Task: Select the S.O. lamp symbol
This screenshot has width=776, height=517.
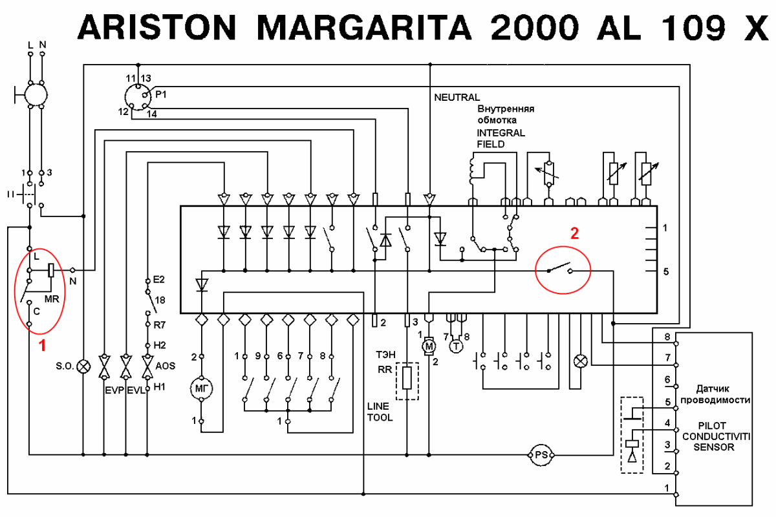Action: click(83, 366)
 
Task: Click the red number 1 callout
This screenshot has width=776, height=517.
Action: click(43, 346)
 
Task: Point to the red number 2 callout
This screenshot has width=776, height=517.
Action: click(574, 234)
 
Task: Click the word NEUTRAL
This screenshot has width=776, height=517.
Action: click(457, 98)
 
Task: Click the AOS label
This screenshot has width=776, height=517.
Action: click(166, 366)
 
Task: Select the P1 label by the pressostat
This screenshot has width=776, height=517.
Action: click(161, 94)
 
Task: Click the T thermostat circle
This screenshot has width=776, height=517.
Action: click(457, 347)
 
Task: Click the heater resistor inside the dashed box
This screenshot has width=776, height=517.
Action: click(406, 379)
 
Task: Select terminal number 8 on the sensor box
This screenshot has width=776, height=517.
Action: click(667, 337)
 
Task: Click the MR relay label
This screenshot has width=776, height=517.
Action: click(52, 299)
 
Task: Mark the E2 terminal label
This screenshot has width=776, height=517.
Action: click(158, 280)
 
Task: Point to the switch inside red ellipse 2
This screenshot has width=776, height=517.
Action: click(560, 268)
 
